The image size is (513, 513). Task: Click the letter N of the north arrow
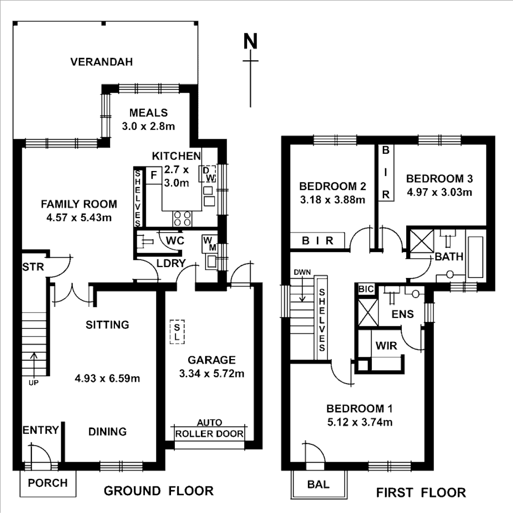click(x=250, y=42)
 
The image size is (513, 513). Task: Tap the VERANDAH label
click(x=101, y=62)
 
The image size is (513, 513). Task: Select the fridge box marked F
click(x=153, y=175)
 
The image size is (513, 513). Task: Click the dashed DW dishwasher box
click(x=209, y=174)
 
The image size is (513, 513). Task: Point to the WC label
click(x=175, y=241)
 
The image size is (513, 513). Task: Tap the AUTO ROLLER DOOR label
click(x=209, y=429)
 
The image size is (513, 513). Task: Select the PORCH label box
click(x=47, y=483)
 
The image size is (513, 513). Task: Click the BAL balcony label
click(x=318, y=485)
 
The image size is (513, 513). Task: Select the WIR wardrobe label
click(x=386, y=346)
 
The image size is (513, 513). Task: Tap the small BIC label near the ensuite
click(x=366, y=289)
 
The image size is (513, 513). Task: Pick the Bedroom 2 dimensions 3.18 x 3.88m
click(x=332, y=200)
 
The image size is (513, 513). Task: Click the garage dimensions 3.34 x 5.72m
click(x=212, y=373)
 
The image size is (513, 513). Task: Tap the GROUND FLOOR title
click(x=159, y=491)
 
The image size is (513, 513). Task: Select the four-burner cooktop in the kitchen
click(x=182, y=218)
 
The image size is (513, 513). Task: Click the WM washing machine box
click(x=209, y=244)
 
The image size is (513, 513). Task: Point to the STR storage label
click(x=33, y=267)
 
